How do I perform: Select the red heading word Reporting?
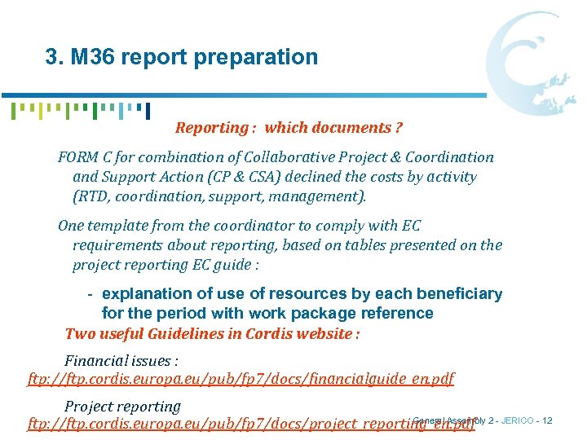point(210,128)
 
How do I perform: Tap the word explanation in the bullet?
point(152,294)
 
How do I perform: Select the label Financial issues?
point(121,361)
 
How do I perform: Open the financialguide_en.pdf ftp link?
point(241,379)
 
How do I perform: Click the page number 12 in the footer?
point(546,420)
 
